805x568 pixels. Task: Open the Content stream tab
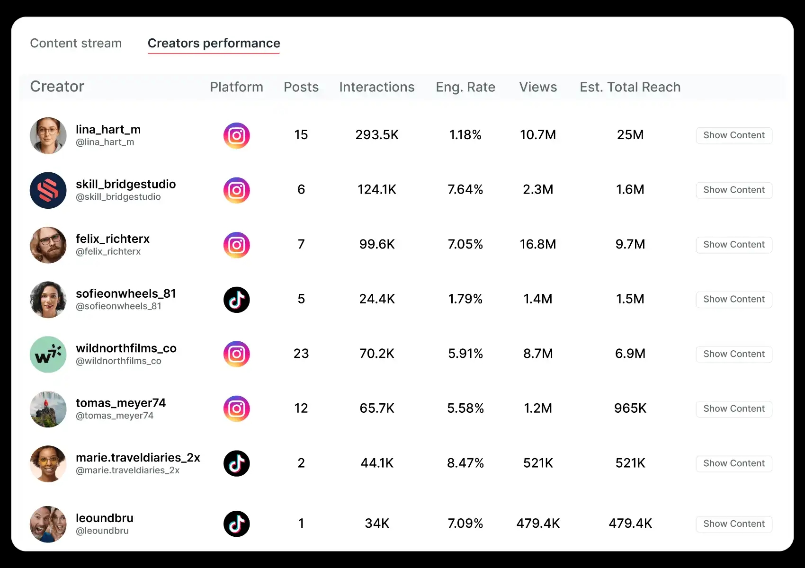[x=76, y=43]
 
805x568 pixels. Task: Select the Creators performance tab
[x=214, y=43]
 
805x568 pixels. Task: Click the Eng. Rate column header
[x=465, y=87]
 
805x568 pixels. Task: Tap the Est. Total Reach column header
[x=630, y=87]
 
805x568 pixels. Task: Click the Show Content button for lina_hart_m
[x=733, y=135]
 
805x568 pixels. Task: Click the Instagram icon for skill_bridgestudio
[x=236, y=190]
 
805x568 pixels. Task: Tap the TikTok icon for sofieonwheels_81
[x=236, y=300]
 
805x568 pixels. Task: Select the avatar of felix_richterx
[x=48, y=245]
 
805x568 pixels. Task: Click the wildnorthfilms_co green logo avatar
[x=48, y=354]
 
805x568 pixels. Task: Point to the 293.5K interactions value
[x=377, y=135]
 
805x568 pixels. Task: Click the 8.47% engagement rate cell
[x=465, y=463]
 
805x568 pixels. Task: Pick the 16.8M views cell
[x=537, y=244]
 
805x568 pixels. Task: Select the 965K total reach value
[x=630, y=408]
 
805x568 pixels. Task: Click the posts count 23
[x=301, y=354]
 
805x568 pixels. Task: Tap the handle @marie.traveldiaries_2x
[x=127, y=470]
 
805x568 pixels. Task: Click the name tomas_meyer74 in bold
[x=121, y=403]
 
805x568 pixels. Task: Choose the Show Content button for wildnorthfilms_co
[x=733, y=354]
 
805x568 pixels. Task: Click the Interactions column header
[x=376, y=87]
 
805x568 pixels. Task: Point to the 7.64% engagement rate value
[x=465, y=190]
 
